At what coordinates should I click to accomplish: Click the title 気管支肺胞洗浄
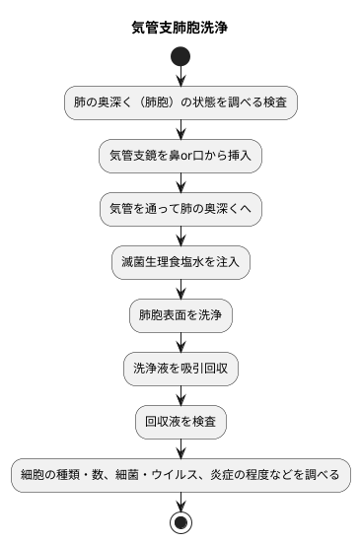tap(180, 27)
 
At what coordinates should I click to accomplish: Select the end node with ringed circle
tap(180, 522)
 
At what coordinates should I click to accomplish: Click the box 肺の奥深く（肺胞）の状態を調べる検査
tap(180, 102)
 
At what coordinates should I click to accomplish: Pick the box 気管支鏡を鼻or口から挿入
tap(180, 156)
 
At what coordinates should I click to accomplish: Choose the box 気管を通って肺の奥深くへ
tap(180, 209)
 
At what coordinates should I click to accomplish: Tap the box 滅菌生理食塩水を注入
tap(180, 262)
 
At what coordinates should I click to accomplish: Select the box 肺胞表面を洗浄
tap(180, 315)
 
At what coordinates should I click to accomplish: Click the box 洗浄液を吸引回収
tap(180, 369)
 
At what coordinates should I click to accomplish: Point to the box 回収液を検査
tap(180, 422)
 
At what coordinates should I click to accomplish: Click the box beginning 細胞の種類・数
tap(180, 475)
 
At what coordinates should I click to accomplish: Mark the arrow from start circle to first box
tap(180, 77)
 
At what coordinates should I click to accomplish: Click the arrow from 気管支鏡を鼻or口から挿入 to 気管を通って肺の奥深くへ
tap(180, 182)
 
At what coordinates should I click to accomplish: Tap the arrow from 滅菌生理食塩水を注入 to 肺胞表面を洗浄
tap(180, 289)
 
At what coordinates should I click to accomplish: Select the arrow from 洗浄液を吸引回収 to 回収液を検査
tap(180, 395)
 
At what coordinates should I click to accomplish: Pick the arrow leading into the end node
tap(180, 501)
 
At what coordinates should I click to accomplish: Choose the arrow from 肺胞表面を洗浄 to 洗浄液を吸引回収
tap(180, 342)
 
